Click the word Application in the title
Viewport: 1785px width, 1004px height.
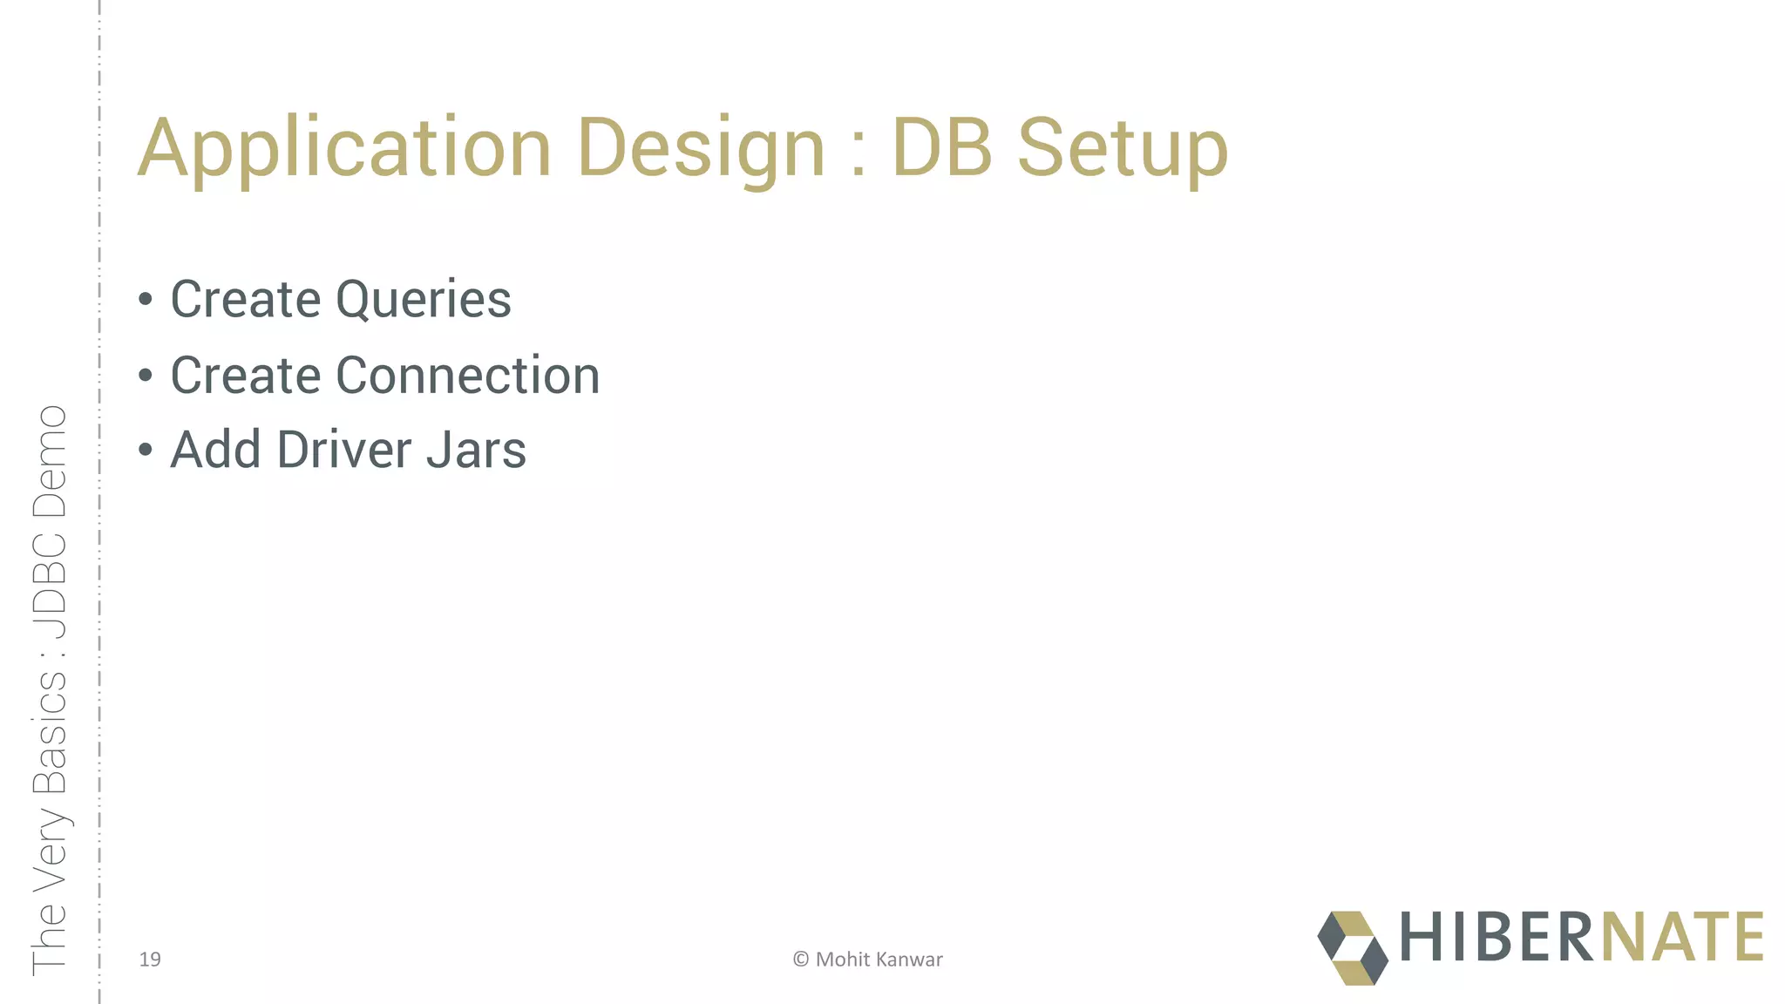344,148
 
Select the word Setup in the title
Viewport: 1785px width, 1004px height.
1123,148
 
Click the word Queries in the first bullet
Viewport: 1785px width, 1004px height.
423,301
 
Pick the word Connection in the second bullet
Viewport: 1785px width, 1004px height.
467,376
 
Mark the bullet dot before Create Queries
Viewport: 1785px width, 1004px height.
146,301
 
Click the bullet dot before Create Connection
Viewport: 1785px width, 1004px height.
146,376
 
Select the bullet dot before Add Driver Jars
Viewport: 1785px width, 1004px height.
146,451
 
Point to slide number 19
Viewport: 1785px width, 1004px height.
150,960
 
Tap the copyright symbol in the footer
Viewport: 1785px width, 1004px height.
800,960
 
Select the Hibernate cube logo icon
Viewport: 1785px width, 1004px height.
1352,948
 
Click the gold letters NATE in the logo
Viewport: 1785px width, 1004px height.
1682,937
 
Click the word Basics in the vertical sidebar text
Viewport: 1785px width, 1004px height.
50,733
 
